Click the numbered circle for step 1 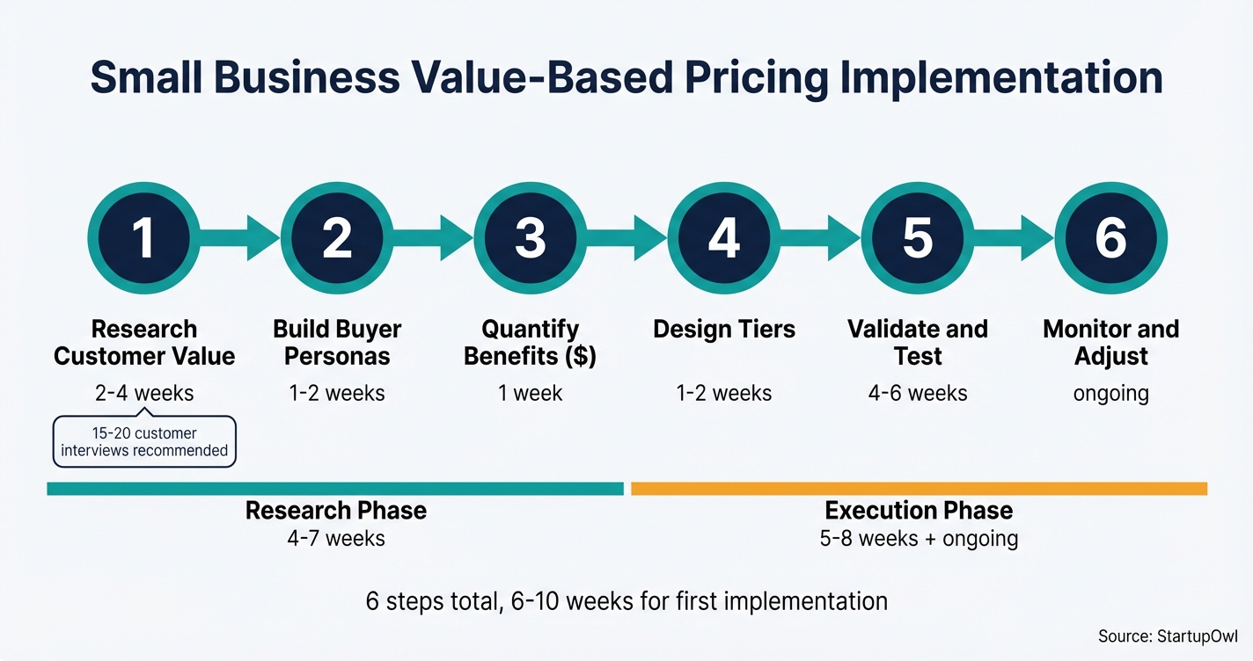tap(143, 237)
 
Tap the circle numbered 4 tap(723, 237)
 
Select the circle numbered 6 tap(1110, 237)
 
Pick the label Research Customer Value tap(143, 343)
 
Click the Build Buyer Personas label tap(337, 343)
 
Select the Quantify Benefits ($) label tap(530, 343)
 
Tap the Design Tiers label tap(723, 330)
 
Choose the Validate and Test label tap(917, 343)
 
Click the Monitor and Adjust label tap(1110, 343)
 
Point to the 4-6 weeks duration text tap(917, 393)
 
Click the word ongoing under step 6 tap(1110, 393)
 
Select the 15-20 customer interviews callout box tap(144, 441)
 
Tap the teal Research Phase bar tap(335, 488)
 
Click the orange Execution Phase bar tap(919, 488)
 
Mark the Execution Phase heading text tap(919, 511)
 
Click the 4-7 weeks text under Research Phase tap(336, 538)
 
